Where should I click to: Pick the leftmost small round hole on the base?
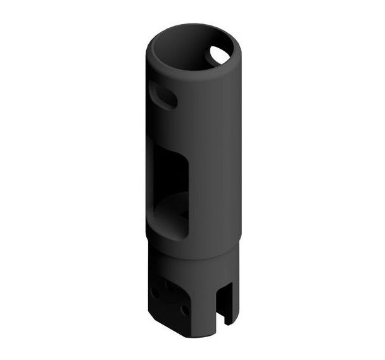155,292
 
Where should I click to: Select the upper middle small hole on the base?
170,283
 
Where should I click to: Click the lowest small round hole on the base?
184,310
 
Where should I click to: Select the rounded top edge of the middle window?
172,155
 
